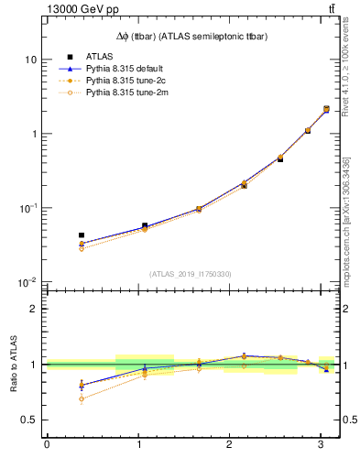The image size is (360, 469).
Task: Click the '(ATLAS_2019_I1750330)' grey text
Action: [x=191, y=274]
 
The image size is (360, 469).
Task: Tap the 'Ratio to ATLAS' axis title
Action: [x=12, y=364]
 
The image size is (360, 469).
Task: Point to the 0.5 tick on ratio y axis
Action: [x=29, y=420]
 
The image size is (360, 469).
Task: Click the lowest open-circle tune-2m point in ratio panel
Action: [x=82, y=398]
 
